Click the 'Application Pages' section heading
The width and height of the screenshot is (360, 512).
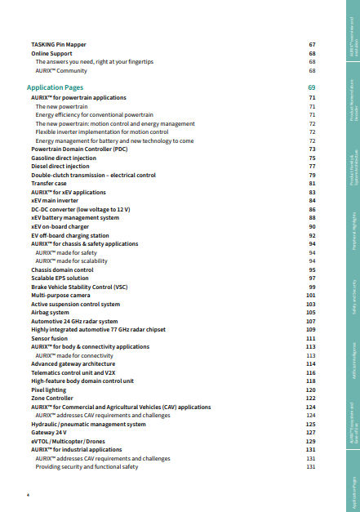(x=55, y=87)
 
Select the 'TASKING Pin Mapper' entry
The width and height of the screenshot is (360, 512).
(x=58, y=43)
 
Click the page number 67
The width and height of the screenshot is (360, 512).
(x=312, y=43)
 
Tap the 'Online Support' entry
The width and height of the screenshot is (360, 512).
(x=50, y=52)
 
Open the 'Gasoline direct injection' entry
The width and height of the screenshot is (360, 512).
(x=63, y=158)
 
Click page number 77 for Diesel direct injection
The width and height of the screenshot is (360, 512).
(x=312, y=166)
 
